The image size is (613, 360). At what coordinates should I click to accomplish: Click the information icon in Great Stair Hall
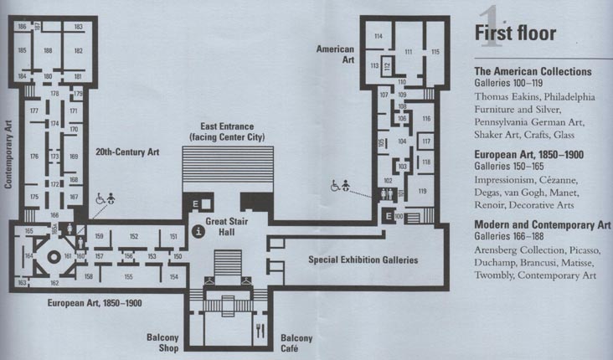(198, 229)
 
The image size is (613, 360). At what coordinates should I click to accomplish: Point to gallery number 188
(48, 51)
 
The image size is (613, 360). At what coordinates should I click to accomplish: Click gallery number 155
(128, 276)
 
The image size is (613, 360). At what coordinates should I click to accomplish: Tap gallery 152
(132, 237)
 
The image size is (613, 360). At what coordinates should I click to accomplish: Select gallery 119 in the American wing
(422, 192)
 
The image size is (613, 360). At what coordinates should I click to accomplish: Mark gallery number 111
(409, 52)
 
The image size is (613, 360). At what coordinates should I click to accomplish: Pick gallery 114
(379, 36)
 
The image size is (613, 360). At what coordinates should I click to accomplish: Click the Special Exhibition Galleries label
(363, 260)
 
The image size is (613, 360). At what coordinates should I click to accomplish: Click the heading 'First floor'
(513, 33)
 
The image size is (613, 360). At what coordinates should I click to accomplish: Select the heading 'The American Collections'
(533, 72)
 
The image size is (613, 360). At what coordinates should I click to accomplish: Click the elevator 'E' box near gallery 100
(387, 216)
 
